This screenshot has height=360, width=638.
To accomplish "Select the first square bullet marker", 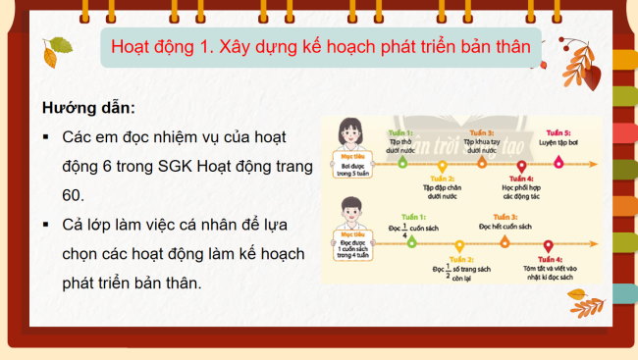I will coord(46,137).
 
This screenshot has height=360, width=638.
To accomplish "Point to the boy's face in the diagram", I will coord(347,208).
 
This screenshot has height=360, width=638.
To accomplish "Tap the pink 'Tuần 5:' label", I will coord(558,131).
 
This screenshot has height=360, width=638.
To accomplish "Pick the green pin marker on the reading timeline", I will coord(405,244).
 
